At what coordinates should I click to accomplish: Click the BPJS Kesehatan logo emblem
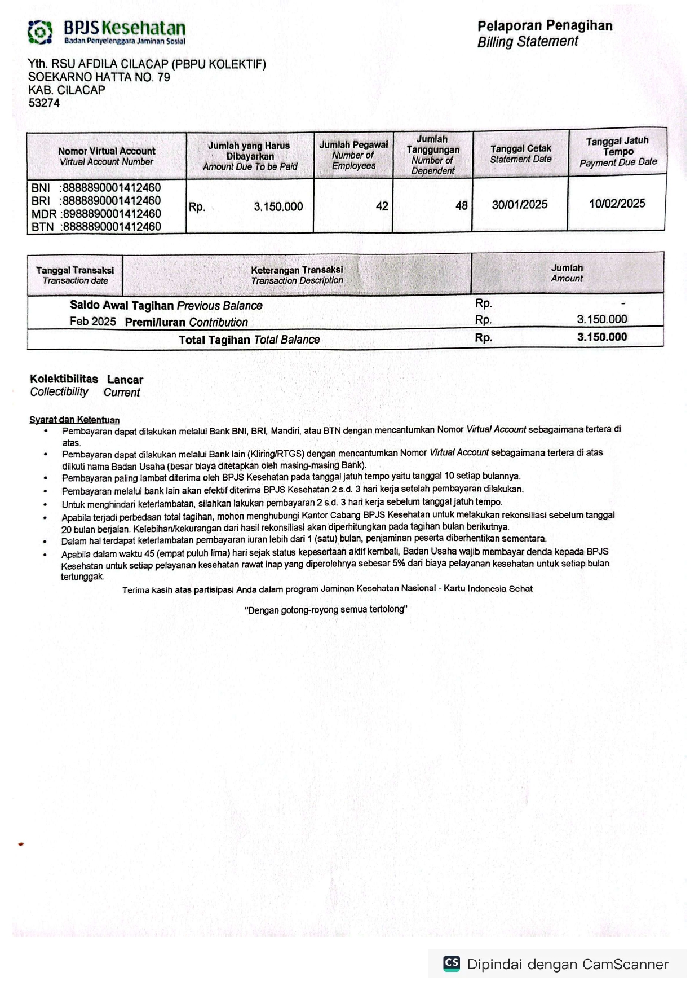40,32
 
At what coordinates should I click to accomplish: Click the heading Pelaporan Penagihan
545,26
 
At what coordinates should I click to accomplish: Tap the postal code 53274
44,103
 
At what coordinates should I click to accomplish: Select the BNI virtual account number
112,188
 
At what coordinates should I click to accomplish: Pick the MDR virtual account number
112,214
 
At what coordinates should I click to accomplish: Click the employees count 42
382,206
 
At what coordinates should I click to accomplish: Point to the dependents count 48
461,206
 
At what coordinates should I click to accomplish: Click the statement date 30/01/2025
519,205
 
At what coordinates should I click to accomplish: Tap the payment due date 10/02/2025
617,204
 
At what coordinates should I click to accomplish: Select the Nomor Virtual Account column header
107,156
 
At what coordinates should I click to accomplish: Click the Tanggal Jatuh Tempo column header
617,151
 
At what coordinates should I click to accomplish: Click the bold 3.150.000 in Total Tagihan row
601,337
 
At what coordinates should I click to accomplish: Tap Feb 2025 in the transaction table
92,322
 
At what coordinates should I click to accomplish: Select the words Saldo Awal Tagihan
121,305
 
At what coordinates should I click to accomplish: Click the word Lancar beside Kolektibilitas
125,380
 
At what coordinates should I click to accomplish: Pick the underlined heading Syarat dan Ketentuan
74,420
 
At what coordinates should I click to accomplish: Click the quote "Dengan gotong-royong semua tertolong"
326,609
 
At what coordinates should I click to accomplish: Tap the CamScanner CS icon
452,963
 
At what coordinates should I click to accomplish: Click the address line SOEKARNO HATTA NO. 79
99,77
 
